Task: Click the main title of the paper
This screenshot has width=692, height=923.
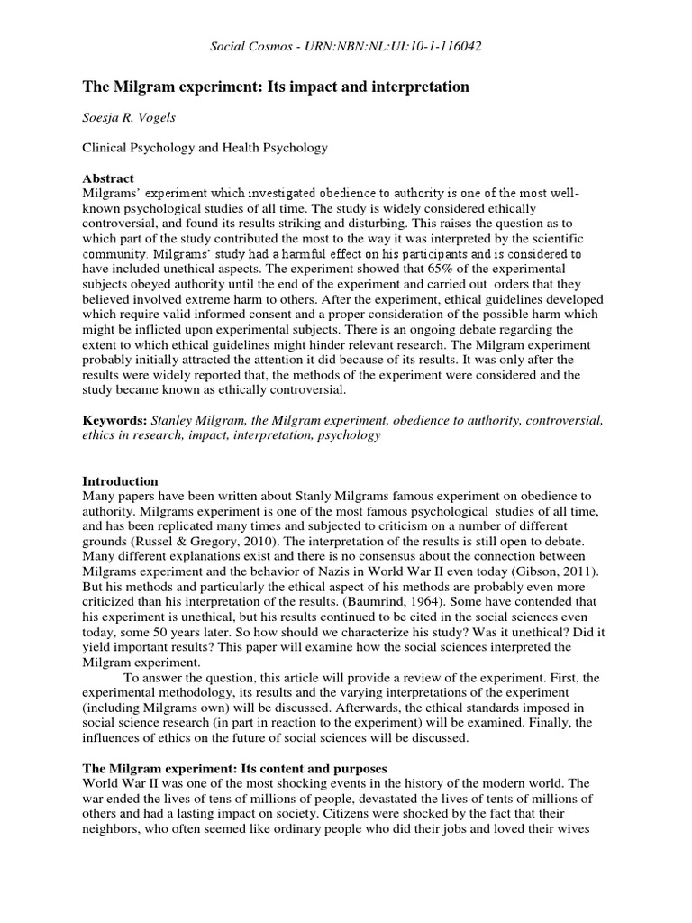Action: click(x=276, y=87)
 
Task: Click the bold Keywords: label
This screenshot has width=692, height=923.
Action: click(x=114, y=420)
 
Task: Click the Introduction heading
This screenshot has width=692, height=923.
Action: click(x=120, y=481)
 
